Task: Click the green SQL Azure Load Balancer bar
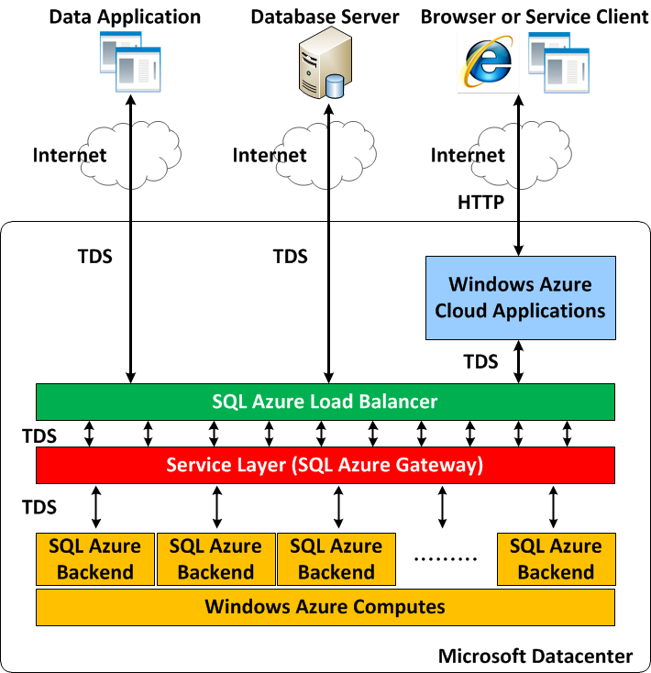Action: pyautogui.click(x=325, y=402)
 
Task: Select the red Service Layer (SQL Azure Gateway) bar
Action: pyautogui.click(x=325, y=465)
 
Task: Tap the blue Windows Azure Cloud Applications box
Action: pyautogui.click(x=520, y=298)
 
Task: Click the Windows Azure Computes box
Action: pyautogui.click(x=325, y=606)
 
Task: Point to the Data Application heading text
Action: pyautogui.click(x=125, y=17)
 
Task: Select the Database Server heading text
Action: pyautogui.click(x=325, y=17)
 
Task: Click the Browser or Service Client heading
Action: pyautogui.click(x=534, y=17)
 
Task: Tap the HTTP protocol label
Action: pyautogui.click(x=480, y=203)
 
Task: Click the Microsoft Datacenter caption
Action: pyautogui.click(x=535, y=656)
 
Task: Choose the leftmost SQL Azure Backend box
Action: pyautogui.click(x=95, y=558)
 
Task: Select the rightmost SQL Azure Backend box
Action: pyautogui.click(x=556, y=558)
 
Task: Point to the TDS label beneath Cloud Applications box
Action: pyautogui.click(x=480, y=361)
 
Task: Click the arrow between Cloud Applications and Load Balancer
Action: pyautogui.click(x=520, y=361)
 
